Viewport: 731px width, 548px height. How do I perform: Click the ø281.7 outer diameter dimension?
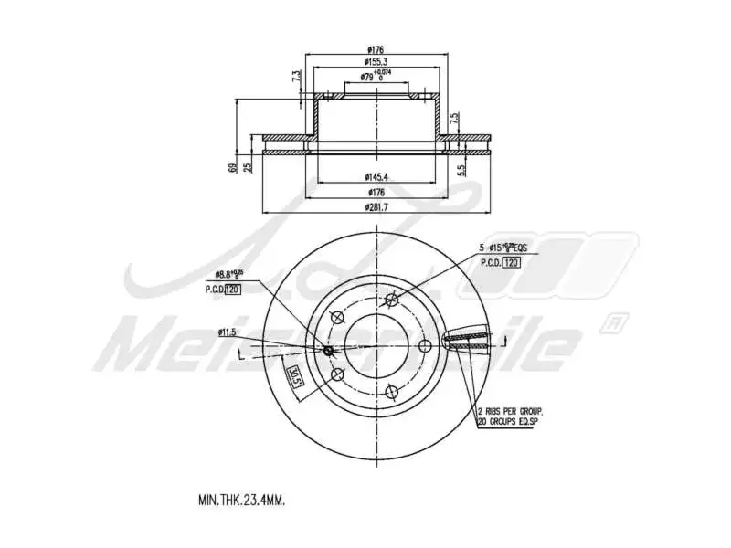point(376,207)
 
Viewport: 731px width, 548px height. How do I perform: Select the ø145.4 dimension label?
point(376,176)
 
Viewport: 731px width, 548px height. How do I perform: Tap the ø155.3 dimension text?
point(376,62)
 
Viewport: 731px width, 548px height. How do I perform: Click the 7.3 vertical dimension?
point(295,78)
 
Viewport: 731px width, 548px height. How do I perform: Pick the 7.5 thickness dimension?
point(453,120)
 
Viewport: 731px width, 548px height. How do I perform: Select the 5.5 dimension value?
point(463,167)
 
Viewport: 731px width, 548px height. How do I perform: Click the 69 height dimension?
point(233,167)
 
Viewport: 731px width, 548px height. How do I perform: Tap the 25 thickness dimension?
point(248,167)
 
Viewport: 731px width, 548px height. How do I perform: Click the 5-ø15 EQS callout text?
point(505,248)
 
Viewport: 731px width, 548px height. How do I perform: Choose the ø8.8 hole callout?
point(229,274)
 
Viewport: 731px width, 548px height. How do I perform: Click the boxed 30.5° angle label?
point(294,376)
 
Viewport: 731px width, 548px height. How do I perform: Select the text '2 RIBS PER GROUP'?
point(513,412)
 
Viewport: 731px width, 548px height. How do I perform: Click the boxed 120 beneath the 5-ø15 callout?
point(512,262)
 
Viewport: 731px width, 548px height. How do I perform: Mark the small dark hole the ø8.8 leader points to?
point(329,351)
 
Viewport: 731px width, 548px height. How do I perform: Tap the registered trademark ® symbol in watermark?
point(614,321)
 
